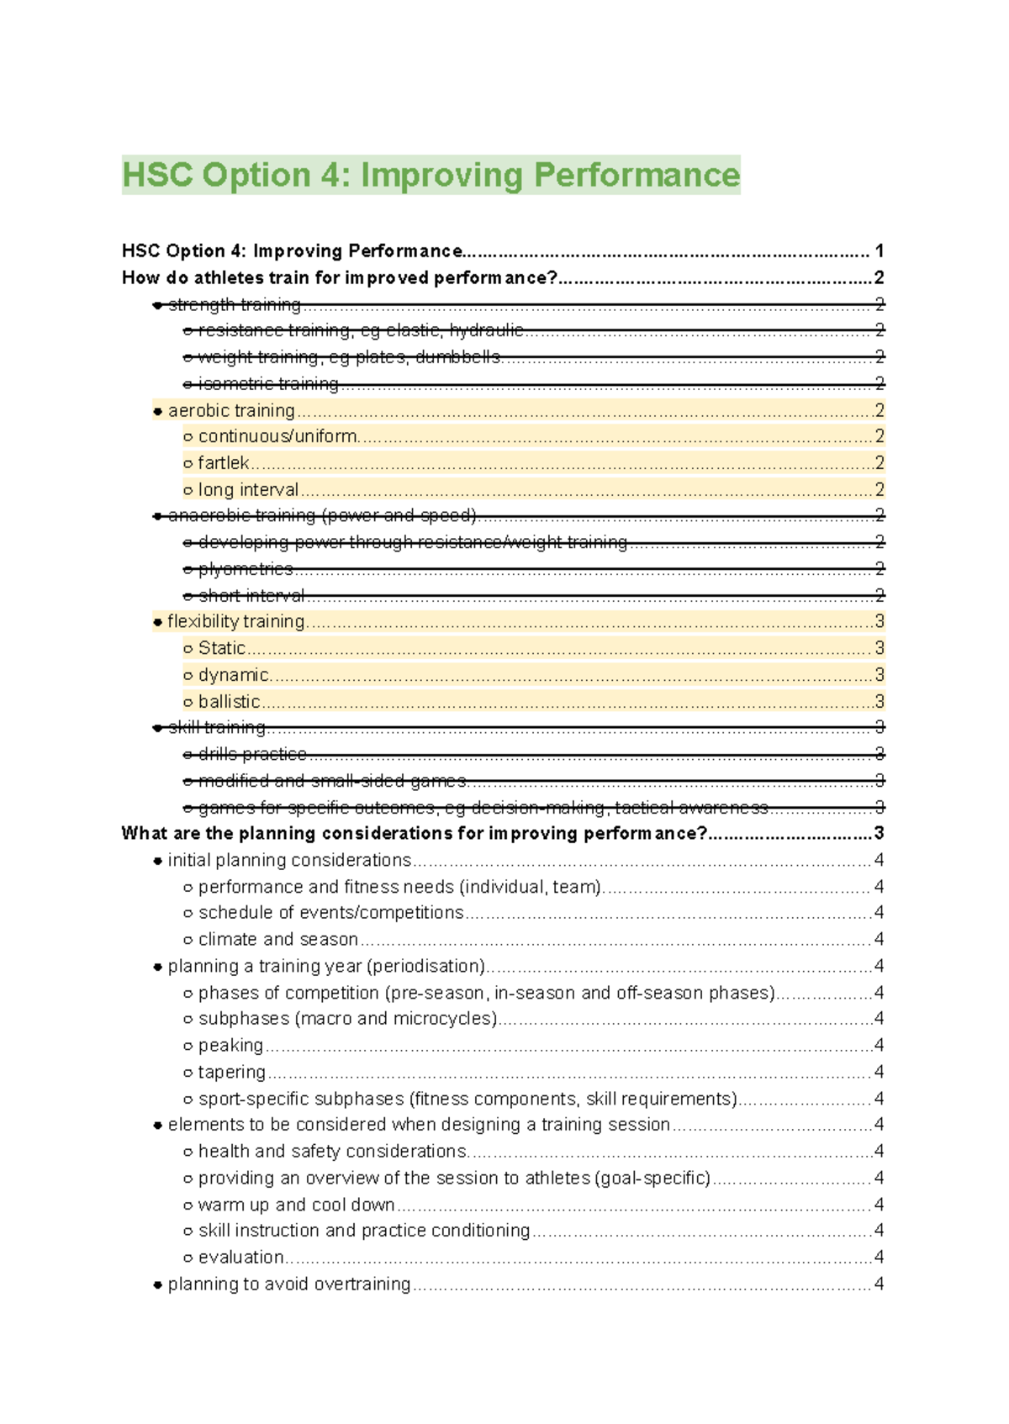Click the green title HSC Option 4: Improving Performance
coord(431,175)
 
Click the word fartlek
coord(224,463)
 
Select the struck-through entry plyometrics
coord(246,569)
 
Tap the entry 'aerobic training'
coord(231,410)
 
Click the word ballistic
coord(229,701)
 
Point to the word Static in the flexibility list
coord(222,648)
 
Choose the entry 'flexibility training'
coord(235,621)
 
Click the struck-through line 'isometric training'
coord(268,384)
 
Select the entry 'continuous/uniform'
coord(277,436)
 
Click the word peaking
coord(230,1045)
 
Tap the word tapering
coord(232,1072)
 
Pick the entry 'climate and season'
coord(278,939)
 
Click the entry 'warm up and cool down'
coord(296,1205)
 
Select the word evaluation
coord(241,1258)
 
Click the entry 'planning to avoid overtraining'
coord(289,1284)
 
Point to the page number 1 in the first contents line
coord(879,251)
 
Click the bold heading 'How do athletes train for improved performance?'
coord(340,277)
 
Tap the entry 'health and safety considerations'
coord(332,1151)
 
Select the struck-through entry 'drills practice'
coord(252,754)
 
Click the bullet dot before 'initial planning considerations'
coord(157,861)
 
